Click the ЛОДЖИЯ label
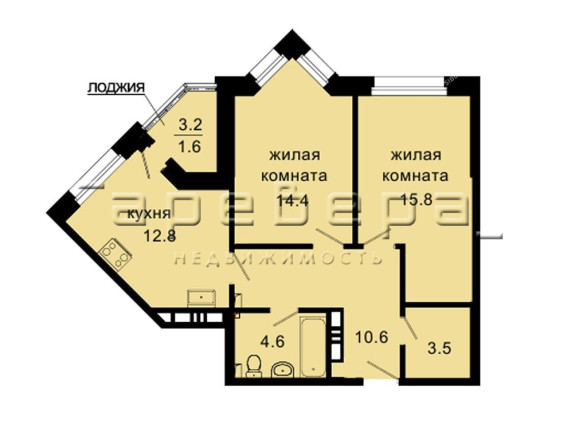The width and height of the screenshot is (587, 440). [116, 88]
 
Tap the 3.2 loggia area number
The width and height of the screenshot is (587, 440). [190, 124]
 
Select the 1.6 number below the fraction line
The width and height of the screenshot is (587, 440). [190, 146]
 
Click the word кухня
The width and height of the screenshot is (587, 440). [149, 214]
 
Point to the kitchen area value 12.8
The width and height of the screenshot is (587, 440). [160, 236]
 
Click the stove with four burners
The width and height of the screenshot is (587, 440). [115, 253]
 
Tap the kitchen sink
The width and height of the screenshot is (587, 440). [202, 298]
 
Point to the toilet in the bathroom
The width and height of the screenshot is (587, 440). [254, 365]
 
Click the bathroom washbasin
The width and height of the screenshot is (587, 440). [283, 369]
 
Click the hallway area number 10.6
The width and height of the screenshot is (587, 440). [371, 337]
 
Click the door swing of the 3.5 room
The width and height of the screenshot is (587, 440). [410, 328]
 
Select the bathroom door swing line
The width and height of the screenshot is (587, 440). [286, 318]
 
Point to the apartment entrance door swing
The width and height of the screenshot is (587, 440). [383, 370]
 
